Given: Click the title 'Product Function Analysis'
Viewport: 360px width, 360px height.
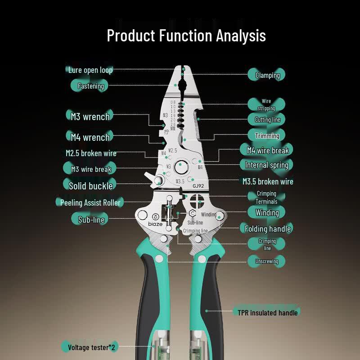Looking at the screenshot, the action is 186,36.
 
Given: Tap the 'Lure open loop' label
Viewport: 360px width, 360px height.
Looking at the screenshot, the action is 90,70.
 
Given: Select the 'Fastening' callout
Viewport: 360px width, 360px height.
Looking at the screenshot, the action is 91,86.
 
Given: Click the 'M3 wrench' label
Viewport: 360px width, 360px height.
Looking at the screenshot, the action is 90,117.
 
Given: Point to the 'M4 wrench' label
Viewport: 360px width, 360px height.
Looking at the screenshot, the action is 90,137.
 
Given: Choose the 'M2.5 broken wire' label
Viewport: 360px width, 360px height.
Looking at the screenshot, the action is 91,153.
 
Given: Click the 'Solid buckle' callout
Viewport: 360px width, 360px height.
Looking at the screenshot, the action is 91,186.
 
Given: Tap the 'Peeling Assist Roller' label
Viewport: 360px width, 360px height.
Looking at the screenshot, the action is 90,202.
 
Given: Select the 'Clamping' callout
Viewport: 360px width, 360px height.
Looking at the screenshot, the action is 268,75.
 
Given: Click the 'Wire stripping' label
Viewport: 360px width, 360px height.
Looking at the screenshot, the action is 266,105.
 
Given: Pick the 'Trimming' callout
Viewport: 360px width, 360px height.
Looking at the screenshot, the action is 267,136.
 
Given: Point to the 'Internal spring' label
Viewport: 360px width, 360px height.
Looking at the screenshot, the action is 267,165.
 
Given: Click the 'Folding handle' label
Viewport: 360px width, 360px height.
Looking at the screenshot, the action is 268,229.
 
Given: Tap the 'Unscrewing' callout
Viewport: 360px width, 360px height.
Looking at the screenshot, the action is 267,261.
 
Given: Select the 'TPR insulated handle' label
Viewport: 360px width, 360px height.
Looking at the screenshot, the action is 268,313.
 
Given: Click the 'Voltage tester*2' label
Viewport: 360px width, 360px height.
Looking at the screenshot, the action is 91,347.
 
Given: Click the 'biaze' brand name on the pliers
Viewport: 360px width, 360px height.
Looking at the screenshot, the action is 155,224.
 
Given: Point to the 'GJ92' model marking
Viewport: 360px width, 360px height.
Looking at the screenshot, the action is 198,186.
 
